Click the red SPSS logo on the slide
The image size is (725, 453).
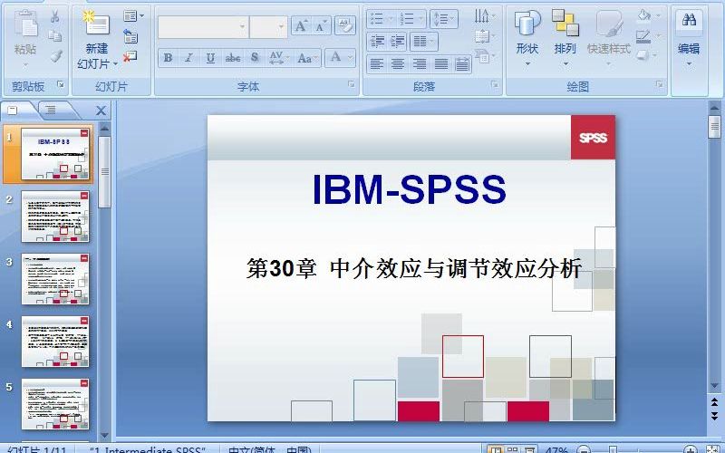[593, 138]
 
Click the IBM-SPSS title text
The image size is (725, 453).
[409, 189]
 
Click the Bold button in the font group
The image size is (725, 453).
[168, 58]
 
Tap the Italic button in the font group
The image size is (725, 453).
[188, 58]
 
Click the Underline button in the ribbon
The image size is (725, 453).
[210, 58]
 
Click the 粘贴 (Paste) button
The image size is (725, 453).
[25, 36]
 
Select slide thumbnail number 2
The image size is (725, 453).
[55, 217]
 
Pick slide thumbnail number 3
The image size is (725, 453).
[55, 279]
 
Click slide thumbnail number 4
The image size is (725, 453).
[55, 342]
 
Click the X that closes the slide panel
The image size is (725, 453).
[101, 111]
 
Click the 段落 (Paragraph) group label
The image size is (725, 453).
[424, 87]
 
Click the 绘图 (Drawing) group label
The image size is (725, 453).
[578, 87]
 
